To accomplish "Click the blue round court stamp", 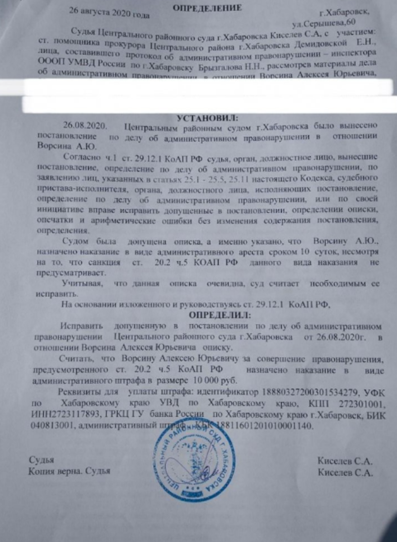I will coord(194,460).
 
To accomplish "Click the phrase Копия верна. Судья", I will coord(70,472).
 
